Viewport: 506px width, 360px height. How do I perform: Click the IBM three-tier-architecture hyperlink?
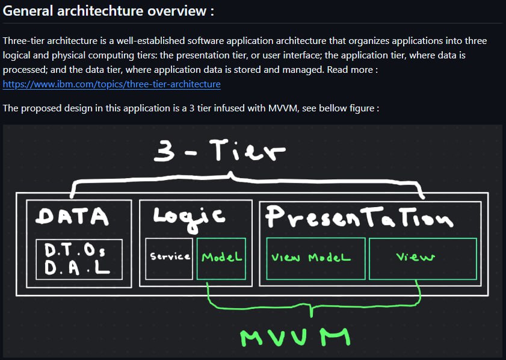111,84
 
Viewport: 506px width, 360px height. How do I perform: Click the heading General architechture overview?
109,11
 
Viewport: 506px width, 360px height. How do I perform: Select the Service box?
170,258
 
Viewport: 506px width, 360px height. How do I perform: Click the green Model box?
221,258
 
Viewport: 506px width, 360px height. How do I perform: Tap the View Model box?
315,258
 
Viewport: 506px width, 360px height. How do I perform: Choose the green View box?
422,258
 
